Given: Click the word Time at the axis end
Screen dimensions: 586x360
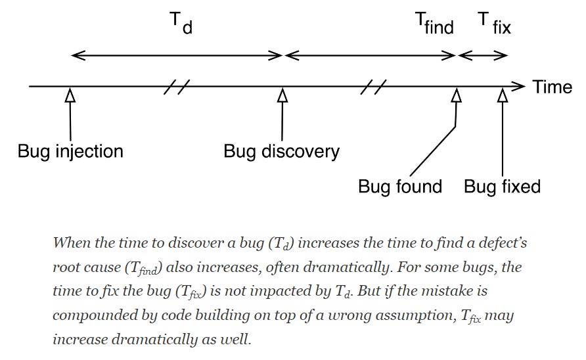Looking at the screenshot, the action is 552,87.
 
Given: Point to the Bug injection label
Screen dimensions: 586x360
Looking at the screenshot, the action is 70,152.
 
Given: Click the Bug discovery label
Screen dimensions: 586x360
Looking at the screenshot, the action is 281,152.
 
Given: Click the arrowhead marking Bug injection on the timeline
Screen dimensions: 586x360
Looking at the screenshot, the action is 70,95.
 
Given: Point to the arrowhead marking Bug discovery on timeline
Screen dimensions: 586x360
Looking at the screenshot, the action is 282,95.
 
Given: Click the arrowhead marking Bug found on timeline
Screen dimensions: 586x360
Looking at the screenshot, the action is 456,95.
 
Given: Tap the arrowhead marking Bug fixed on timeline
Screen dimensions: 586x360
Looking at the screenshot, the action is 503,95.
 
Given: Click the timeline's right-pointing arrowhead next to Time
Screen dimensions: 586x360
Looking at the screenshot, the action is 519,86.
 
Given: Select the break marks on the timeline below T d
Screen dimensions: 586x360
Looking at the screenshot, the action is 177,86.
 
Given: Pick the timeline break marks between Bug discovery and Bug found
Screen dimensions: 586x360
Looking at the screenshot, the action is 373,86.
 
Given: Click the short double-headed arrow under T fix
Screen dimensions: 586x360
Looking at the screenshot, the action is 483,56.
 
